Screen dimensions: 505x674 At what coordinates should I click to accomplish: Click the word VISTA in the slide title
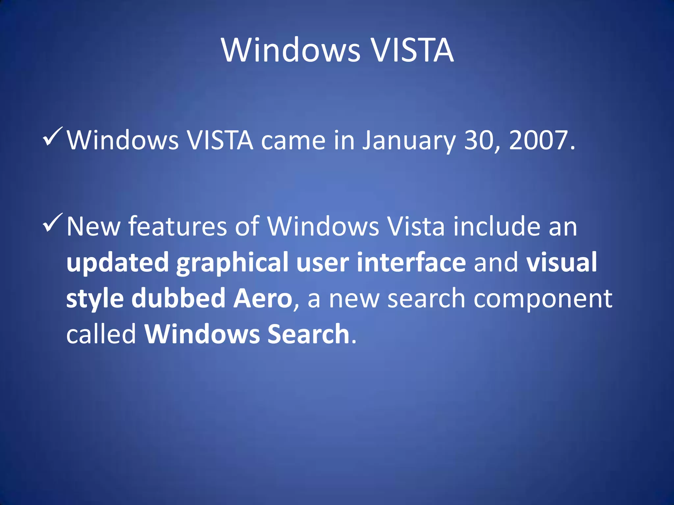(412, 50)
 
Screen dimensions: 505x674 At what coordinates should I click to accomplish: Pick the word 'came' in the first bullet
(293, 141)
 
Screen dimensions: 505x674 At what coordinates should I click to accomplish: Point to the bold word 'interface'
(411, 262)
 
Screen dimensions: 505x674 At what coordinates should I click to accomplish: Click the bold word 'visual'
(561, 262)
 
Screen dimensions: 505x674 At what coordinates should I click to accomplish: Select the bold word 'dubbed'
(178, 298)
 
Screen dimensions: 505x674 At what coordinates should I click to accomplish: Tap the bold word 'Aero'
(263, 298)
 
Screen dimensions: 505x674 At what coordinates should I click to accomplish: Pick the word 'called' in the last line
(101, 334)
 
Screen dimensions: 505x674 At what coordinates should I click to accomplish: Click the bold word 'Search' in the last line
(308, 334)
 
